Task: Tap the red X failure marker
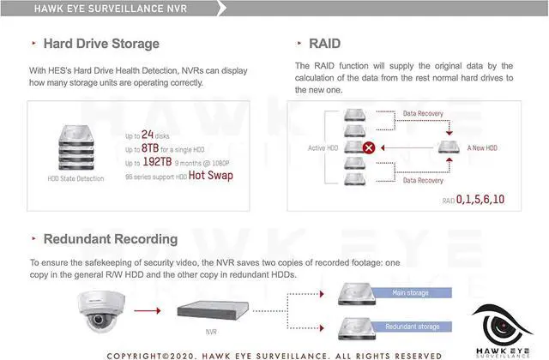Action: point(369,147)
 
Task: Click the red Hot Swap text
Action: point(210,175)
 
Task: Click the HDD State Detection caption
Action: point(75,178)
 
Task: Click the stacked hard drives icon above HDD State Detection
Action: point(75,148)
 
